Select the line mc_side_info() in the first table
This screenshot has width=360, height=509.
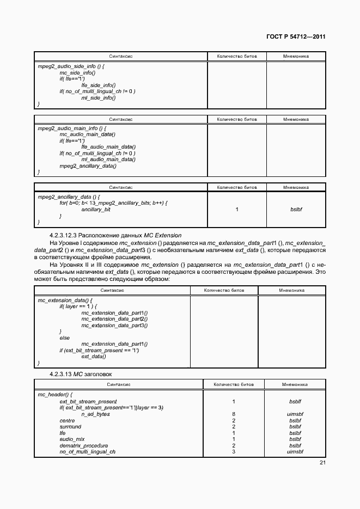pyautogui.click(x=77, y=72)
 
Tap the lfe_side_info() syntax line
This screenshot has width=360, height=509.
pyautogui.click(x=99, y=85)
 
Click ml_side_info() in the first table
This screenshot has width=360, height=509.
pyautogui.click(x=99, y=97)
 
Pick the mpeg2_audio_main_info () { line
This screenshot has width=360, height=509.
pyautogui.click(x=71, y=128)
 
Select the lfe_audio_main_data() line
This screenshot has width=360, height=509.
pyautogui.click(x=108, y=147)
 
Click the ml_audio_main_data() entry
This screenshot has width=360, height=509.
pyautogui.click(x=108, y=160)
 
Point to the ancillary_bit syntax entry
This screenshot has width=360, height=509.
pyautogui.click(x=96, y=209)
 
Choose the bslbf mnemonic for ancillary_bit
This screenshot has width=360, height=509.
pyautogui.click(x=296, y=209)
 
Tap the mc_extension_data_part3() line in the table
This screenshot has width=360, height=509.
pyautogui.click(x=114, y=325)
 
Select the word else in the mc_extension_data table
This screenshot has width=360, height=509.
pyautogui.click(x=65, y=338)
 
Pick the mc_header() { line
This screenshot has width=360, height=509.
pyautogui.click(x=56, y=394)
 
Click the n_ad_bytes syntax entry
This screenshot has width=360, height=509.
pyautogui.click(x=95, y=414)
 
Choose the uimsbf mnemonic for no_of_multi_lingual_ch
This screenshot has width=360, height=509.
pyautogui.click(x=295, y=452)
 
